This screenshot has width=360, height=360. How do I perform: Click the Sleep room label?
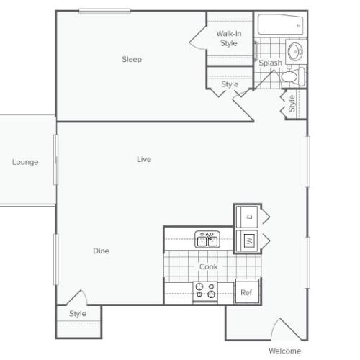[x=131, y=60]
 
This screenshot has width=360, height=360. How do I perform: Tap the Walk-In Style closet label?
[x=228, y=38]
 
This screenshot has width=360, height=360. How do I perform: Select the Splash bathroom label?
[x=271, y=63]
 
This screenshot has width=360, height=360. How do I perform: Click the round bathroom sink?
[x=295, y=52]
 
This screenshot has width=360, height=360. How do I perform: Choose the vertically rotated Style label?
[x=292, y=104]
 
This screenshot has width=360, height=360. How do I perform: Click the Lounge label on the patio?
[x=25, y=162]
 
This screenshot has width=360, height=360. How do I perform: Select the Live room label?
[x=144, y=159]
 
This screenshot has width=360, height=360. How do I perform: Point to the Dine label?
[x=101, y=251]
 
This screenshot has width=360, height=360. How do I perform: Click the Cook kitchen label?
[x=208, y=266]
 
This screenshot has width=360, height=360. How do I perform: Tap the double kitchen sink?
[x=207, y=240]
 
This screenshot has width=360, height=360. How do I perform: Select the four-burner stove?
[x=206, y=291]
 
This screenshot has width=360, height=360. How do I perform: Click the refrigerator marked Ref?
[x=246, y=292]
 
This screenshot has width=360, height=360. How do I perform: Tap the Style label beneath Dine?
[x=77, y=314]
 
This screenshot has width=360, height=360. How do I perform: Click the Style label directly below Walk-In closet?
[x=230, y=85]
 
